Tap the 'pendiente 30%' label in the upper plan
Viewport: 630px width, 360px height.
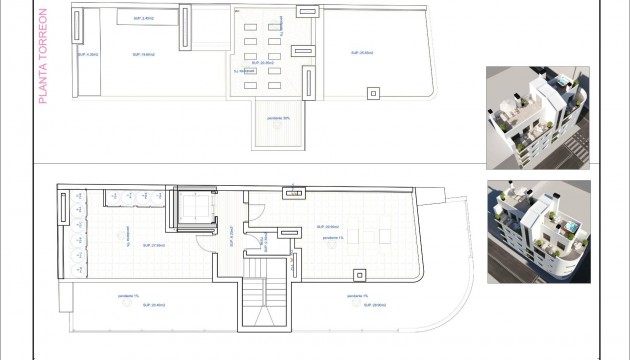pyautogui.click(x=279, y=119)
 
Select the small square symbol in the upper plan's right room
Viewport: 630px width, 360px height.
pyautogui.click(x=374, y=93)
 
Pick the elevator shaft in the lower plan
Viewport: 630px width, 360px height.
pyautogui.click(x=193, y=211)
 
